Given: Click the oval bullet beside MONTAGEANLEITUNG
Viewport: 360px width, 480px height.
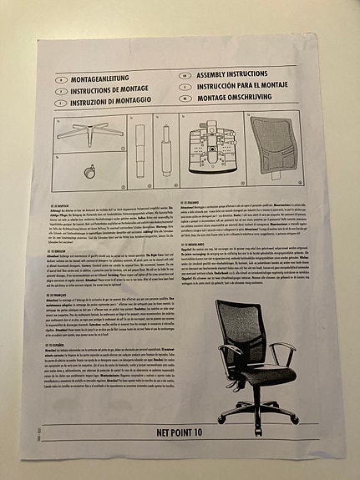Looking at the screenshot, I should [59, 79].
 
